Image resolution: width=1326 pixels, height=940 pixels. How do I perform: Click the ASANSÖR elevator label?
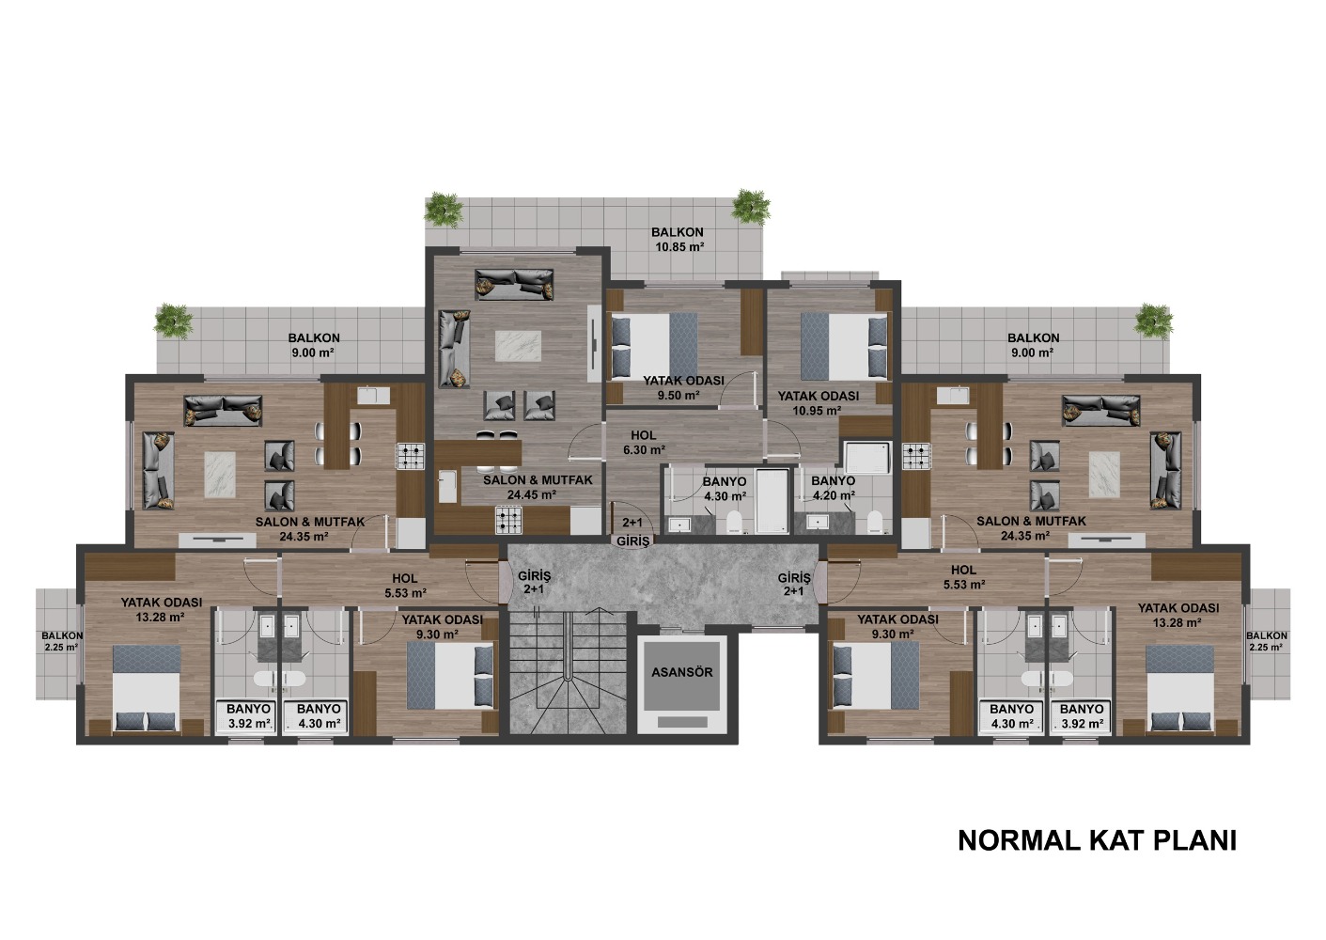[682, 672]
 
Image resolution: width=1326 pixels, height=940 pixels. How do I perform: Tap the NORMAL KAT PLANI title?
[1097, 840]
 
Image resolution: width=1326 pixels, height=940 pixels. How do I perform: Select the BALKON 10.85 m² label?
[678, 239]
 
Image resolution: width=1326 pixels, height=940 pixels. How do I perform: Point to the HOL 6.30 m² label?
[643, 442]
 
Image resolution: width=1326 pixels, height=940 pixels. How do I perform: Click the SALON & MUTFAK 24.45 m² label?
[538, 487]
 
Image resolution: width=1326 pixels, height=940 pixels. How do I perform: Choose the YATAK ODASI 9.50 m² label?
[684, 387]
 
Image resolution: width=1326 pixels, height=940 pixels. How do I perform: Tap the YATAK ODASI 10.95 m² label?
[819, 402]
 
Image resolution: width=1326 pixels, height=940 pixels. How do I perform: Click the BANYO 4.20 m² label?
[833, 488]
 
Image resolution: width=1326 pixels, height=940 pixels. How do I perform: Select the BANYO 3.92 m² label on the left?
[249, 715]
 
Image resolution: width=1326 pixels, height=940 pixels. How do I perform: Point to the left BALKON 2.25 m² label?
[62, 641]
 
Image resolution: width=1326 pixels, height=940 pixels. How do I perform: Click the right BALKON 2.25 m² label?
[1266, 641]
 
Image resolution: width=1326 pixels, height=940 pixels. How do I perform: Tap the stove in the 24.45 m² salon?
[509, 520]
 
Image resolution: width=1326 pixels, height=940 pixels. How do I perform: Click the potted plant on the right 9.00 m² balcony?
[1154, 322]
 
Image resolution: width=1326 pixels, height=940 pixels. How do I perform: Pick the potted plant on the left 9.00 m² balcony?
[174, 322]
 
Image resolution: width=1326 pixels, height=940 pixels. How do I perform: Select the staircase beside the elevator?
[568, 674]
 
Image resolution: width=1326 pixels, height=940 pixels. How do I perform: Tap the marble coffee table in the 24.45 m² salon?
[518, 346]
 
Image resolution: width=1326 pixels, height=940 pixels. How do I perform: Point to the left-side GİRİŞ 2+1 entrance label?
[534, 582]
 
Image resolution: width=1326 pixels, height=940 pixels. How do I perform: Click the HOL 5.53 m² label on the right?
[963, 577]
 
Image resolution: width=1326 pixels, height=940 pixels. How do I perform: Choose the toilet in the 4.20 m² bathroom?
[874, 522]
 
